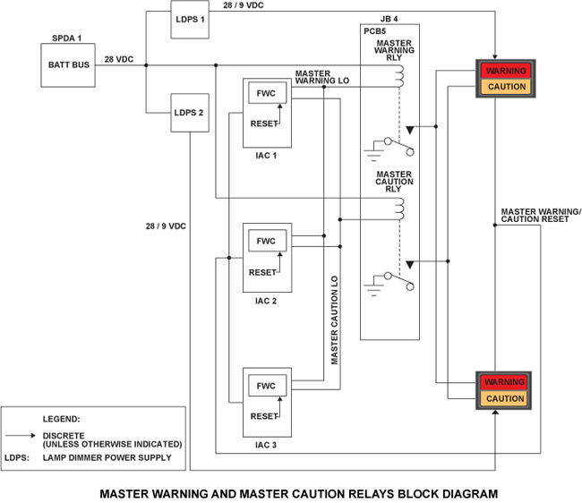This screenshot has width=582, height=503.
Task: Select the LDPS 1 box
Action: [x=190, y=21]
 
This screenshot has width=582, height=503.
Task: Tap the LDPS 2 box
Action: [x=190, y=113]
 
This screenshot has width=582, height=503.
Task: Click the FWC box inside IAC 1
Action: [x=266, y=94]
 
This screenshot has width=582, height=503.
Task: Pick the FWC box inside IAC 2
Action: [x=266, y=241]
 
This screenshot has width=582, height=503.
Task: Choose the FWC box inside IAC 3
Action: [x=266, y=386]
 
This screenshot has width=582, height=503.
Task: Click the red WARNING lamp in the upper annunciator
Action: [x=506, y=71]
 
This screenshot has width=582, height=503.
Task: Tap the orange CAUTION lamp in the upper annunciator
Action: [x=506, y=87]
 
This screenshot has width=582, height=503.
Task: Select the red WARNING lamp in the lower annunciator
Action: [x=506, y=382]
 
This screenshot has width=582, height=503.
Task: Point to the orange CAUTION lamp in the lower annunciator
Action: [x=506, y=398]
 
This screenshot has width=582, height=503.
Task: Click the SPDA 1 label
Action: [x=67, y=38]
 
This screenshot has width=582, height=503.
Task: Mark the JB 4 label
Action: [x=390, y=18]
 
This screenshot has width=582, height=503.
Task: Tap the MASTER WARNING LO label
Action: [x=325, y=79]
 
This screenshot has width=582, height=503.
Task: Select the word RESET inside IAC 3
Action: [x=262, y=417]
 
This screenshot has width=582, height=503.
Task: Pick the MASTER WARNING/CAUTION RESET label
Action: [x=541, y=216]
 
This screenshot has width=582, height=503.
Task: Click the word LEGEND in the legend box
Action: [x=62, y=419]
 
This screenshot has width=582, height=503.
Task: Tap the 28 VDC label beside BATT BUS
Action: [x=118, y=59]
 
